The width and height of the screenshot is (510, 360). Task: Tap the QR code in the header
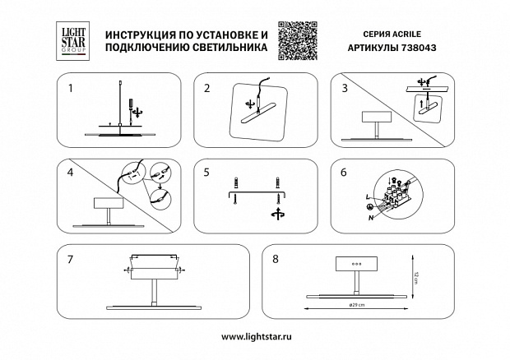(297, 39)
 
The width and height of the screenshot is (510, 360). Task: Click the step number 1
(72, 85)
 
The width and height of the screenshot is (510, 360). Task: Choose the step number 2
(207, 87)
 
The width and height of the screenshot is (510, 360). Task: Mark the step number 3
(343, 86)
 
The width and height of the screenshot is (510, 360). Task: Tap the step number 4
(72, 173)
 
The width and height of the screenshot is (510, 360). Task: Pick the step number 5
(207, 173)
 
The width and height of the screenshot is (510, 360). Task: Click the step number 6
(343, 173)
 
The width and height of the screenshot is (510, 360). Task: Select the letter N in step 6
(371, 218)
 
